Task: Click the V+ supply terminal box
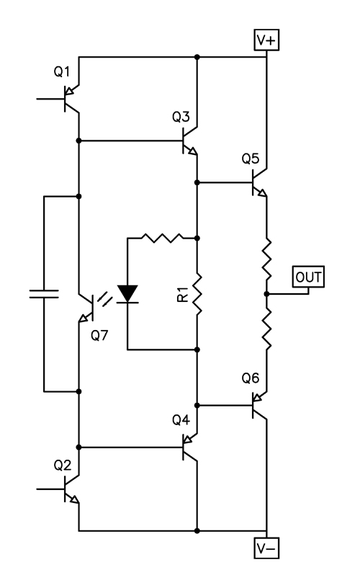click(x=266, y=40)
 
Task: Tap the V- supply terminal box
click(x=266, y=548)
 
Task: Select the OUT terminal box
click(x=308, y=277)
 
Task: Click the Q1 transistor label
click(x=62, y=71)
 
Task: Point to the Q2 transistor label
click(x=62, y=465)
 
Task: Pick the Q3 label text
click(x=181, y=117)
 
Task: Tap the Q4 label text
click(x=181, y=419)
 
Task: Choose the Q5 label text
click(x=251, y=159)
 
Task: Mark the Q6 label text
click(x=251, y=378)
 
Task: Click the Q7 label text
click(x=99, y=335)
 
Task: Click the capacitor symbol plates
click(x=44, y=294)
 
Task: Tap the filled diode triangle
click(x=127, y=293)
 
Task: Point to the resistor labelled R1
click(x=197, y=294)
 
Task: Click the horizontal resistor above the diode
click(x=162, y=238)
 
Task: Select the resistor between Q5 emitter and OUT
click(x=266, y=259)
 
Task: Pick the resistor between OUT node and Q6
click(x=266, y=329)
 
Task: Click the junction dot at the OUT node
click(x=266, y=294)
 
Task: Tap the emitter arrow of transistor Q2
click(x=75, y=499)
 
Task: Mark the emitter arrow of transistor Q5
click(x=263, y=192)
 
